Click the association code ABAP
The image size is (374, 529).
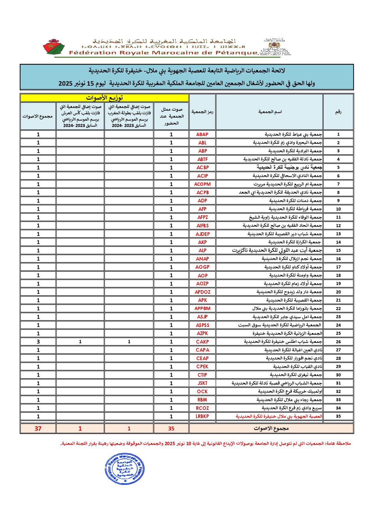202,135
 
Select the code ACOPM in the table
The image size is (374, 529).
202,184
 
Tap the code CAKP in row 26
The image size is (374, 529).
202,342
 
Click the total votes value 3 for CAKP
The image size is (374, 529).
38,342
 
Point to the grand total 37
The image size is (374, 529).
38,428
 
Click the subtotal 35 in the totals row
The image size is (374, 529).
171,428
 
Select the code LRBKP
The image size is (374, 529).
202,416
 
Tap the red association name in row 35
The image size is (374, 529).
279,417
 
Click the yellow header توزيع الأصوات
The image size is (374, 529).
104,98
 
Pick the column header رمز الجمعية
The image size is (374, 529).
202,112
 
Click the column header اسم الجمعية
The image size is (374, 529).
270,112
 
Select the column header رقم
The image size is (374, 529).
338,112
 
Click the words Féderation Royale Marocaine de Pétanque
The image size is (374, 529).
163,53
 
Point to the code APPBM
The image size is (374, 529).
202,309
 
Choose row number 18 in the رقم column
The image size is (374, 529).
338,275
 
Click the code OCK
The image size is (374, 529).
202,391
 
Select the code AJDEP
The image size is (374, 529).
202,234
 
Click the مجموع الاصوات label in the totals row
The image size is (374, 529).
271,428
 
